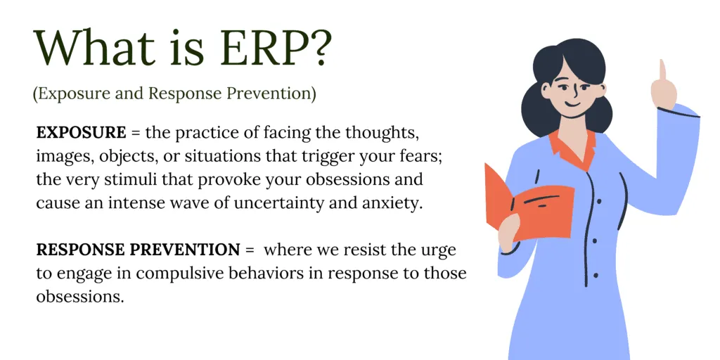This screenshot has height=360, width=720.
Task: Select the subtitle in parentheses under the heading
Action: click(174, 94)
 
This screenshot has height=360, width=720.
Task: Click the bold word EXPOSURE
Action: click(82, 133)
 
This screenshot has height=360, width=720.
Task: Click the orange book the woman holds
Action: click(527, 204)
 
